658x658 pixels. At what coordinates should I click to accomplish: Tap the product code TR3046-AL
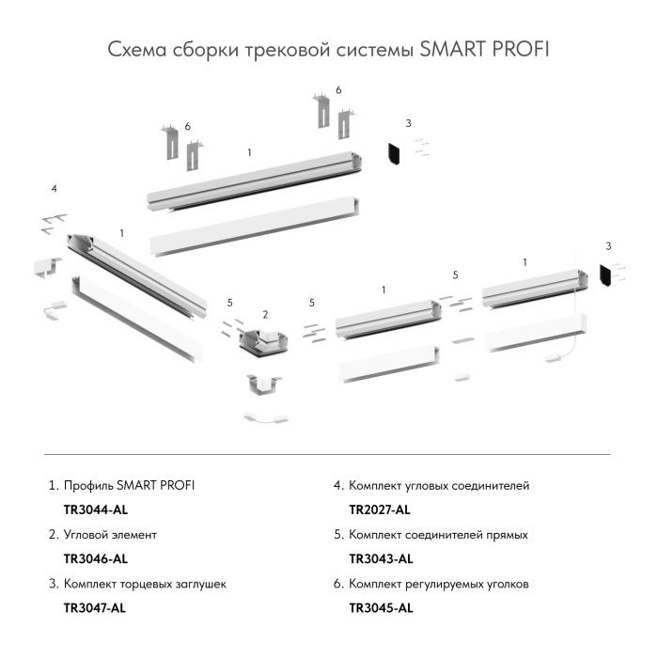click(x=94, y=558)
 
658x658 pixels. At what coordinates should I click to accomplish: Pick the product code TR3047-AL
click(x=94, y=607)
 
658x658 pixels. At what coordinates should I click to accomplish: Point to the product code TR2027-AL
click(x=379, y=509)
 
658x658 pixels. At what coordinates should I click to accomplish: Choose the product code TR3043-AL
click(x=380, y=558)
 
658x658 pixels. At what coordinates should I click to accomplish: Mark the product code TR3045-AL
click(x=380, y=607)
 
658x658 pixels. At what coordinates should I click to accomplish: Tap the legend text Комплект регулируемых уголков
click(x=438, y=583)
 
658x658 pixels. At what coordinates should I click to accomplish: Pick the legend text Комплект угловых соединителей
click(x=439, y=485)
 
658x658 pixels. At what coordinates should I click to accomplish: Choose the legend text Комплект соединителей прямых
click(x=438, y=534)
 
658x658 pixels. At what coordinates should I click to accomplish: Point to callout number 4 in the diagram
click(x=55, y=189)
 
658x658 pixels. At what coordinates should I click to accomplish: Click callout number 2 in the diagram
click(x=265, y=313)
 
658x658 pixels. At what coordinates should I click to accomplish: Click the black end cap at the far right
click(x=605, y=275)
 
